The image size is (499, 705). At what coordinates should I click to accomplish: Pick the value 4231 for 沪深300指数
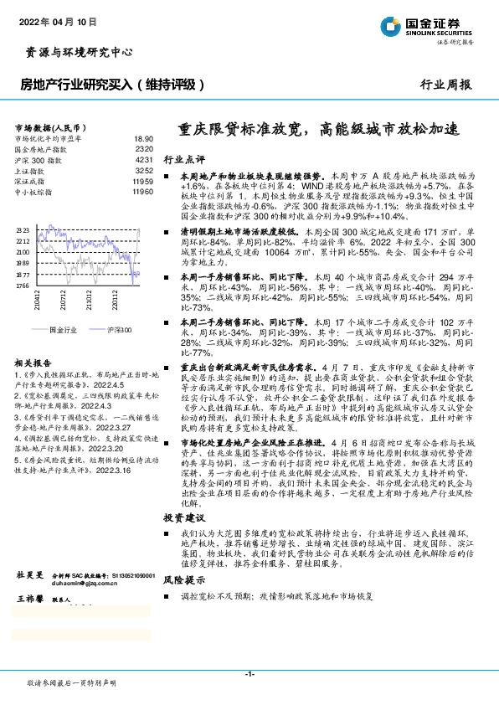(143, 159)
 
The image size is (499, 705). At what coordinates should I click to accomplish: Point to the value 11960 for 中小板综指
(141, 192)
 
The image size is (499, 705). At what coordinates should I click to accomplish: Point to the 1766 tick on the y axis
(23, 286)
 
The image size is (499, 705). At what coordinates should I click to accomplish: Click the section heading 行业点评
(183, 159)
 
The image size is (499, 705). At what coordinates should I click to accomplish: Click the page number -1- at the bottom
(249, 675)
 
